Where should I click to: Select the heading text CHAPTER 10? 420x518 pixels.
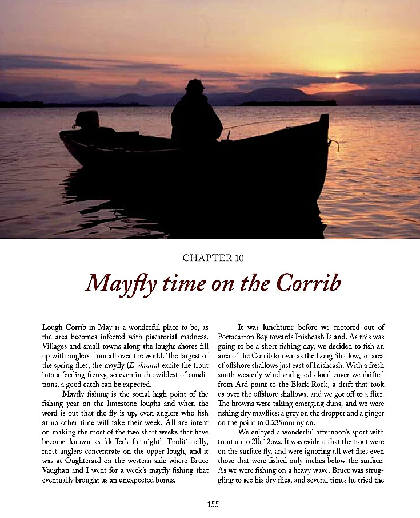tap(213, 258)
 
